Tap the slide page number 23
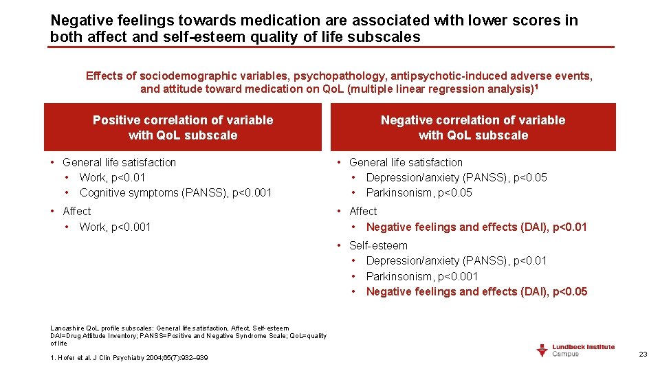tap(643, 355)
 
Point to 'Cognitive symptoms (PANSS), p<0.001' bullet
tap(175, 192)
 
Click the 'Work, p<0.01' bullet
tap(113, 177)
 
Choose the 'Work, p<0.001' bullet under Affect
tap(115, 227)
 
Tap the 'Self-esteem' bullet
tap(378, 245)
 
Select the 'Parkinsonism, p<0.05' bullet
tap(419, 192)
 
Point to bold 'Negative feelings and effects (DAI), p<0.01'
tap(476, 227)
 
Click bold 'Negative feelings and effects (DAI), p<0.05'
tap(476, 291)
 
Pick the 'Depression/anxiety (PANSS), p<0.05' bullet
tap(456, 177)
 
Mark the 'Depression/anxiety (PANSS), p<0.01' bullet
tap(456, 260)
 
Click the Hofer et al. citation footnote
tap(129, 357)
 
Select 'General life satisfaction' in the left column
tap(120, 162)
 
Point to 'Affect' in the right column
tap(363, 211)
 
